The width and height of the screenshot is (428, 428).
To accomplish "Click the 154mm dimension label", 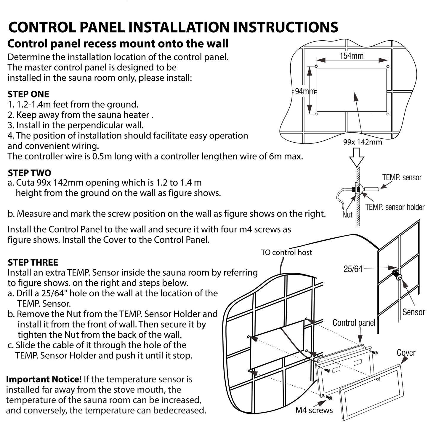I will tap(351, 56).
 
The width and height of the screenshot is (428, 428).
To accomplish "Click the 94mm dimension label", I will tap(305, 91).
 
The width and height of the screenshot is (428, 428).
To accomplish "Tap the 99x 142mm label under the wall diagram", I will tap(363, 142).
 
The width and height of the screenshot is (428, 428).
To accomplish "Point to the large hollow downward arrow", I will tap(357, 156).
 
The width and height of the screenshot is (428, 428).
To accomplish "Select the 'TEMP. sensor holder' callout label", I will tap(395, 207).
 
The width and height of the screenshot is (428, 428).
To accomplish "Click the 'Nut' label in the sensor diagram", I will tap(347, 214).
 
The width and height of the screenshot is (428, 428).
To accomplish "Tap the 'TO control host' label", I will tap(286, 253).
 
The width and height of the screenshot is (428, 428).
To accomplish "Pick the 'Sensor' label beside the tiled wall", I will tap(413, 312).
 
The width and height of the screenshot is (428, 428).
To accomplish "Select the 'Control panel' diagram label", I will tap(354, 323).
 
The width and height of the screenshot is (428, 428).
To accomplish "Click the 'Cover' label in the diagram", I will tap(406, 353).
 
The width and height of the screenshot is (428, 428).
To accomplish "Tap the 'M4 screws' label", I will tap(314, 410).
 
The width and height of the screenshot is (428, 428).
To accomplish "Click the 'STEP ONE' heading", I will tap(28, 94).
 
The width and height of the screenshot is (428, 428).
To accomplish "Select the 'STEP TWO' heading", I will tap(29, 173).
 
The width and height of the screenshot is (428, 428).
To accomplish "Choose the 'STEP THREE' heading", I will tap(33, 262).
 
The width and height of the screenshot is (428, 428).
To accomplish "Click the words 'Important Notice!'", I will tap(44, 379).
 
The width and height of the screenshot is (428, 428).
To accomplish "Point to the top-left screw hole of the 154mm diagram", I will tap(316, 66).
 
